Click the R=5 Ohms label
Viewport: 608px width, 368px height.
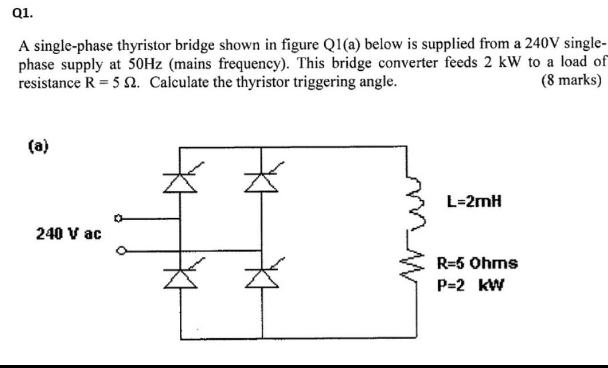[x=477, y=264]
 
